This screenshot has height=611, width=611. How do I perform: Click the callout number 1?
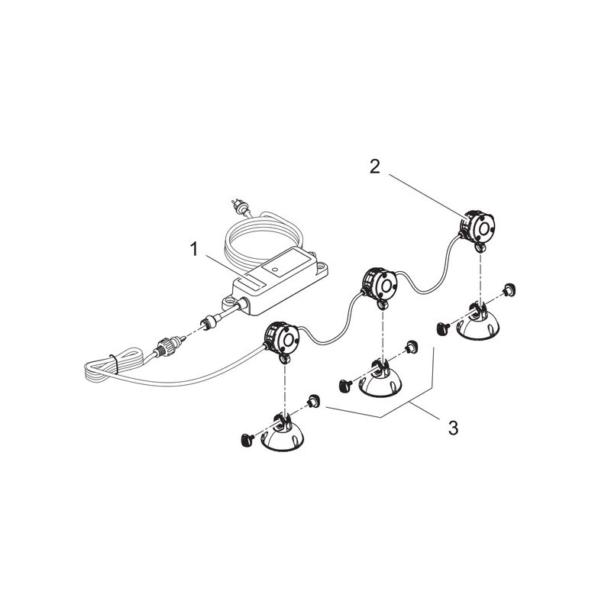pos(194,250)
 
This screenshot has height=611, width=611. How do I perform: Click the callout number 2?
pos(374,166)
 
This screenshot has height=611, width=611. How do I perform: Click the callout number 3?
pos(453,428)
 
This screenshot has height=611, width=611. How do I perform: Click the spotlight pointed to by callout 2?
pos(477,228)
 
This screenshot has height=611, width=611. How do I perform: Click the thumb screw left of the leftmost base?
pos(247,438)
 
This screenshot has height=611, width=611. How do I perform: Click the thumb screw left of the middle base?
pos(345,385)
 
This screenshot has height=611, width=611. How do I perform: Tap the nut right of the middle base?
pos(412,347)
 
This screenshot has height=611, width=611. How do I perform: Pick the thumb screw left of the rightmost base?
pos(443,328)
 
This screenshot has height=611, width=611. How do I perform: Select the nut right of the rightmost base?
pos(509,289)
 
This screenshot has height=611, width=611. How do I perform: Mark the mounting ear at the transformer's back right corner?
pos(321,267)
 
